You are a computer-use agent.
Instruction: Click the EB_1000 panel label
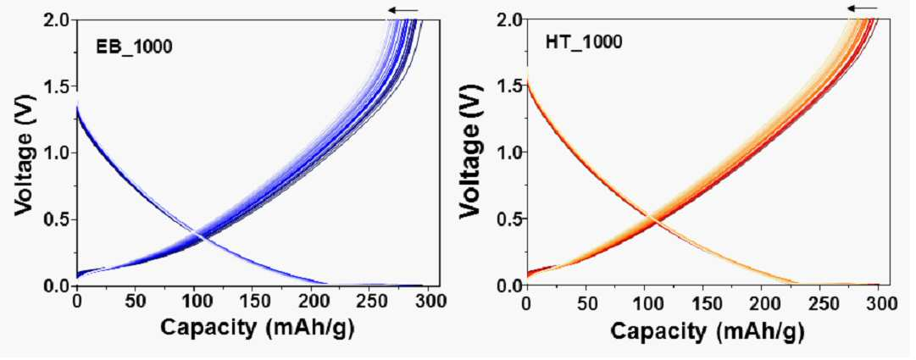coord(135,47)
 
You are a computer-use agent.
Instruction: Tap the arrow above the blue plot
coord(403,10)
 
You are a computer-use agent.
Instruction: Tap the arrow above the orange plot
coord(863,8)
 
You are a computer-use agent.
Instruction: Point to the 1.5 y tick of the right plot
coord(507,86)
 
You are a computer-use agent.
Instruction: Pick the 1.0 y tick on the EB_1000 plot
coord(58,153)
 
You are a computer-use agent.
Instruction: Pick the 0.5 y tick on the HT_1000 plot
coord(507,219)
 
